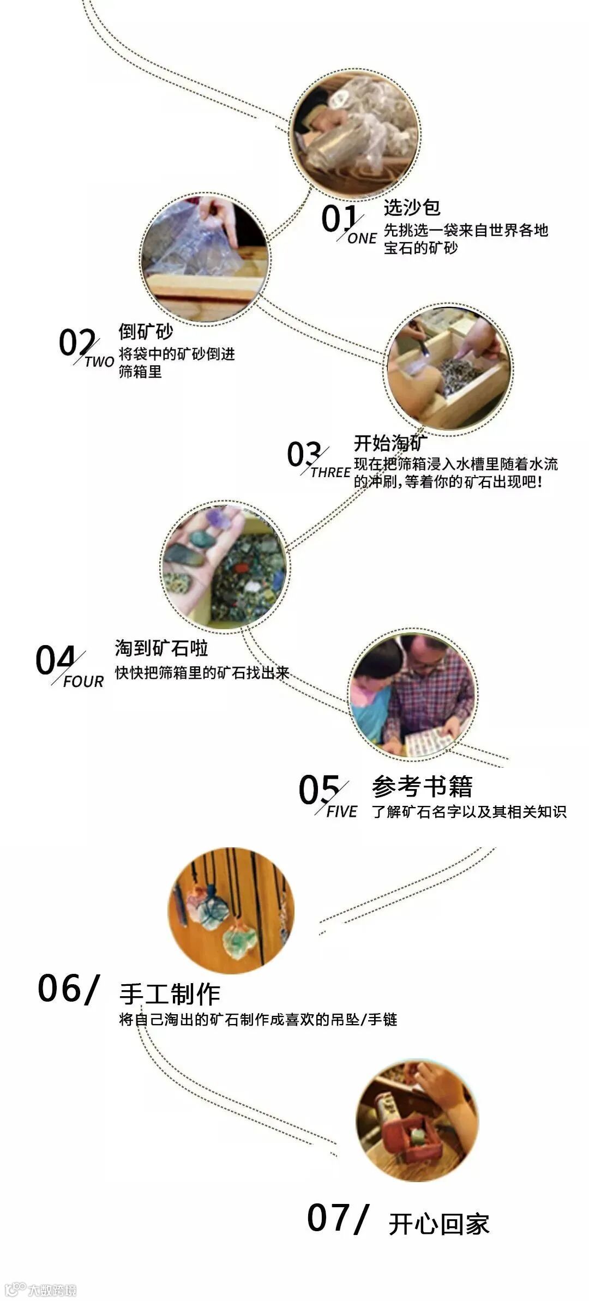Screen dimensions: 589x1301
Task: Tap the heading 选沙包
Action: coord(412,208)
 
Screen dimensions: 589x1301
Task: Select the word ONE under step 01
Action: coord(362,238)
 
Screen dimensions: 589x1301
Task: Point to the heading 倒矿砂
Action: coord(146,331)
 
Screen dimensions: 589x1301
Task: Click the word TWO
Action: coord(99,362)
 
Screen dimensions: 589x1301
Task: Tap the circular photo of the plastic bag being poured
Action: coord(205,260)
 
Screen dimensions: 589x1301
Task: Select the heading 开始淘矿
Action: coord(390,443)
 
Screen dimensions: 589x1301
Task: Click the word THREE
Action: coord(330,472)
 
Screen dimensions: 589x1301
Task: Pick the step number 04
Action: coord(55,660)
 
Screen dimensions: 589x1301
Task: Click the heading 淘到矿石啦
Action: coord(161,648)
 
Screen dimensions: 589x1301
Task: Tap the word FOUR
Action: coord(83,682)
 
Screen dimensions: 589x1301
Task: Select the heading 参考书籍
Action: coord(422,786)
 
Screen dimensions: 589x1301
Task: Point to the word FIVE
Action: coord(342,811)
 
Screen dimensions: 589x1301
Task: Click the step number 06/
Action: coord(69,988)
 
